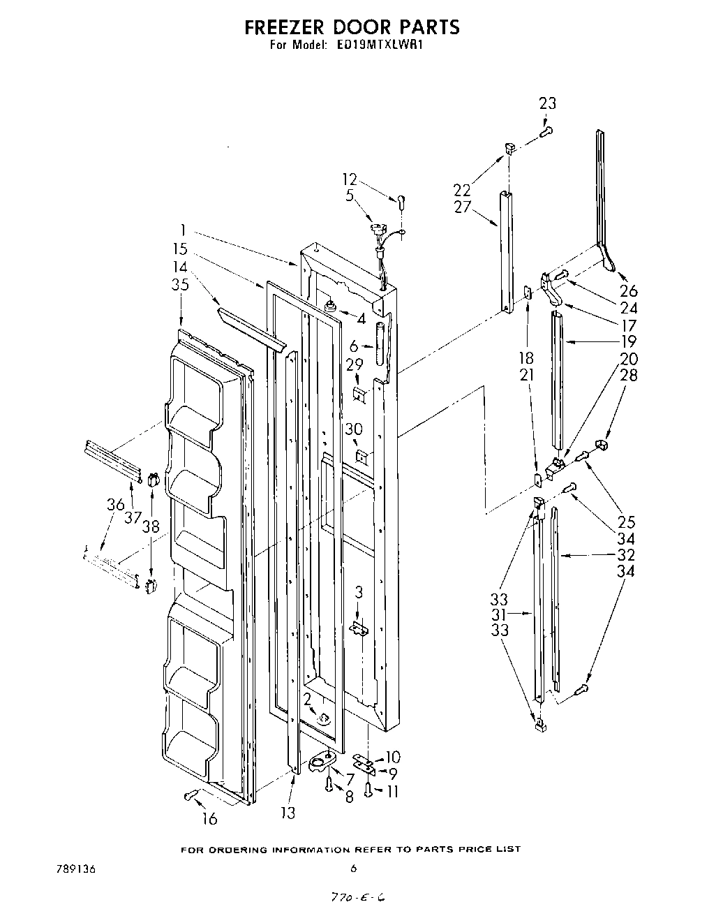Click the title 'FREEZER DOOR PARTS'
point(352,27)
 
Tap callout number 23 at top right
point(548,103)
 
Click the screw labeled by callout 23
point(547,130)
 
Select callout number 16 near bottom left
point(209,819)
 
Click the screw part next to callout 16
point(191,795)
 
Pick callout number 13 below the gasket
point(288,813)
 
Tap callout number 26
point(629,291)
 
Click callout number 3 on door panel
point(358,593)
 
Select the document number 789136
point(75,869)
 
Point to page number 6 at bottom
point(353,869)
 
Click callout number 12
point(350,179)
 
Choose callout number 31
point(517,614)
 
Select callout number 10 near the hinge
point(392,758)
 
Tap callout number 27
point(462,207)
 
